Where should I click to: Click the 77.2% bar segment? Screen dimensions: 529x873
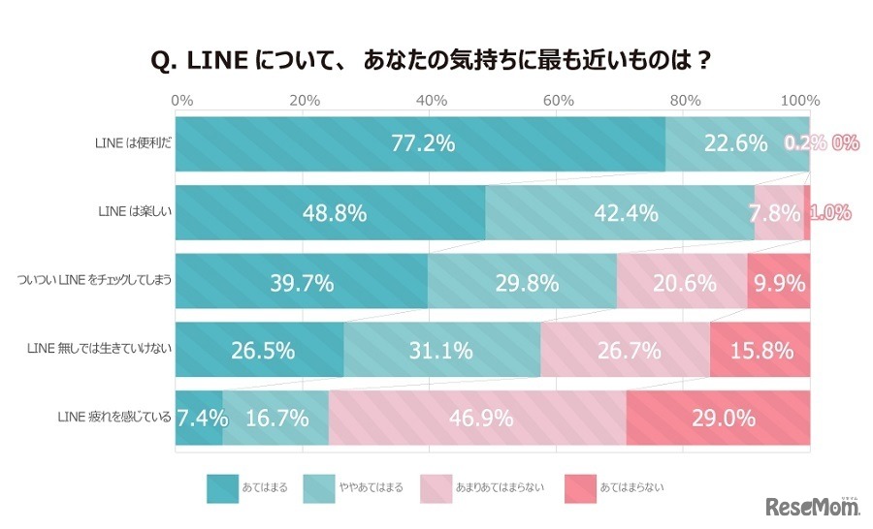point(420,144)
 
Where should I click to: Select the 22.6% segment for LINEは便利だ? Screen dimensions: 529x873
point(737,144)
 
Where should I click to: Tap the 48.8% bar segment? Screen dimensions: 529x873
point(330,213)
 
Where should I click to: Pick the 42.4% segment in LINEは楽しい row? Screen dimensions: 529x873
point(619,213)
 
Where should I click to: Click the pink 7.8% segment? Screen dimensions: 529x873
point(778,213)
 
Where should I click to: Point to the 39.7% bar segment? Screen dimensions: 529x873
point(301,282)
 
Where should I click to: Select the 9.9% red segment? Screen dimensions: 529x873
point(778,282)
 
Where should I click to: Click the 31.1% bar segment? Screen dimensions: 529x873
point(441,350)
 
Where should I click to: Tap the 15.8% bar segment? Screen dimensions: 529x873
point(760,350)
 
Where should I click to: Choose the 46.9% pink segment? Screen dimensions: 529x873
point(477,419)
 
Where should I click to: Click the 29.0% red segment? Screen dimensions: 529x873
point(718,419)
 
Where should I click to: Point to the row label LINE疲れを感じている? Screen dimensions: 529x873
point(114,419)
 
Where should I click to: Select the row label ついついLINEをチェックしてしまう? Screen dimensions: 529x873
point(95,282)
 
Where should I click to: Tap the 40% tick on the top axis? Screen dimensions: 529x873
point(431,101)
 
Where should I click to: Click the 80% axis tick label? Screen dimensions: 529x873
point(685,101)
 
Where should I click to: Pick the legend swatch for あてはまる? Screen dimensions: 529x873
point(222,487)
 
